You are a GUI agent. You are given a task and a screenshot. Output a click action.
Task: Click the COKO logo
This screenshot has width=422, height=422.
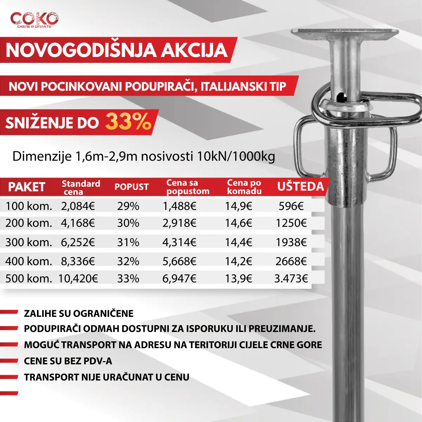[x=34, y=20]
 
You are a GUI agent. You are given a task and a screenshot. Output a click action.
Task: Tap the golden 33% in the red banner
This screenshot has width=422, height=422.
[x=128, y=122]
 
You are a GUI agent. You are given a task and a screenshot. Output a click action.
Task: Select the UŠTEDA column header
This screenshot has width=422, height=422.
[x=300, y=186]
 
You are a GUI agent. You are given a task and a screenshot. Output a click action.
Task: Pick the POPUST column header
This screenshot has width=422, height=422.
[x=132, y=187]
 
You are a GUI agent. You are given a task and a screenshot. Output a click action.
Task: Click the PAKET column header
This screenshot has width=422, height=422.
[x=27, y=187]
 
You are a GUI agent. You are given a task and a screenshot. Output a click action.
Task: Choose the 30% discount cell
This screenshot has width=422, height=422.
[x=128, y=223]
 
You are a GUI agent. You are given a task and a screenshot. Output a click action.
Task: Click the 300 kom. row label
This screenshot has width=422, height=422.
[x=28, y=242]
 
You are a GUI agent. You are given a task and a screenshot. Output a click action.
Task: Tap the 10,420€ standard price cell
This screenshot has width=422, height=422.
[x=78, y=279]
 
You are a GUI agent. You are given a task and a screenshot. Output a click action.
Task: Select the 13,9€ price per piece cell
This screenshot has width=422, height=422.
[x=238, y=279]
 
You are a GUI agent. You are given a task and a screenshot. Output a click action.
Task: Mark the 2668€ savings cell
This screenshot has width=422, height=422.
[x=291, y=261]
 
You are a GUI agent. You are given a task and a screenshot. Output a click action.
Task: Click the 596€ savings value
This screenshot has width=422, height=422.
[x=291, y=206]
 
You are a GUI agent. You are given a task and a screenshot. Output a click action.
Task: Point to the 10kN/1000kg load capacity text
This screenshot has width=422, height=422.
[x=236, y=156]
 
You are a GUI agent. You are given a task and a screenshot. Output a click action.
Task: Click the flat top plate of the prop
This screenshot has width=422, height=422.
[x=345, y=34]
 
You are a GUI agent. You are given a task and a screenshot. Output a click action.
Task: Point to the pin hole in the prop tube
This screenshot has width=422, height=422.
[x=340, y=96]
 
